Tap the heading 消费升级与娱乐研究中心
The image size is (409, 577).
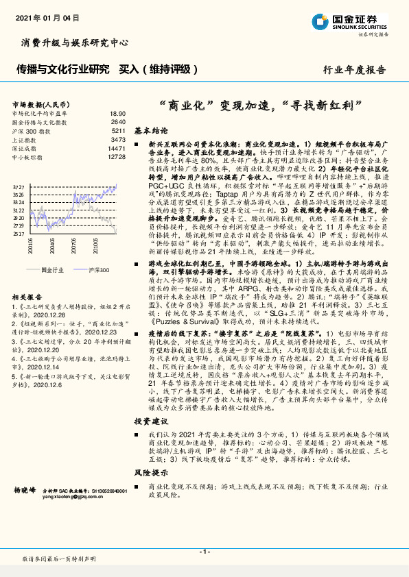(x=74, y=42)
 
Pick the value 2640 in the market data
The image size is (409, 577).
(x=118, y=121)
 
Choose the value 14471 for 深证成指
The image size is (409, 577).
(x=116, y=148)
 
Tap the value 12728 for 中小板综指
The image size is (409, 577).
(x=116, y=157)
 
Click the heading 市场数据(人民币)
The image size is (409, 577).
(x=36, y=103)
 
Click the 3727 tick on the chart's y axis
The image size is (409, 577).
(x=19, y=186)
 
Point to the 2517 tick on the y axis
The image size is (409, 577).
(x=19, y=234)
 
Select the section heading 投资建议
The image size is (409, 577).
(x=150, y=421)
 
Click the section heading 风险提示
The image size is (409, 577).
(x=150, y=473)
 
